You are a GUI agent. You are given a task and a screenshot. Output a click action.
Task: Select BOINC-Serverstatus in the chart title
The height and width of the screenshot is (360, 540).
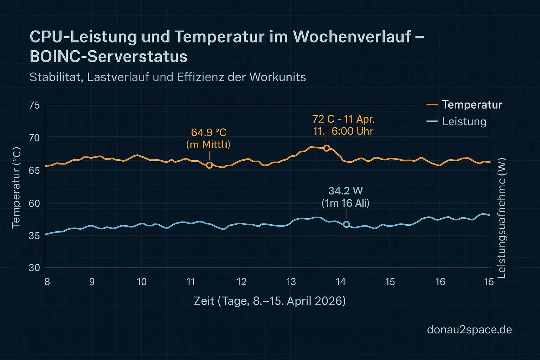tap(109, 57)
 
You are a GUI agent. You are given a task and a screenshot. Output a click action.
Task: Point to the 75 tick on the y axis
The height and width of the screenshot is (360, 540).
tap(35, 105)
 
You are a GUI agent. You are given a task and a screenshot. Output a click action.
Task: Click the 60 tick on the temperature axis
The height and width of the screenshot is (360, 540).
tap(35, 203)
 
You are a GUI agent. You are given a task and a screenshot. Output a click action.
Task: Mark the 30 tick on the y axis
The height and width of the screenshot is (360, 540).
tap(35, 268)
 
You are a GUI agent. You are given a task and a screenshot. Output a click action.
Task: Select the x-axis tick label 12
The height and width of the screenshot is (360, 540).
tap(242, 282)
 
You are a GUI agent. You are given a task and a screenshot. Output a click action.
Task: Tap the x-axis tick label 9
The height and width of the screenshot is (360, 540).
tap(92, 282)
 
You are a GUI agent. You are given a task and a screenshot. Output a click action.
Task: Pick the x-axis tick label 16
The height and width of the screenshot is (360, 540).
tap(440, 282)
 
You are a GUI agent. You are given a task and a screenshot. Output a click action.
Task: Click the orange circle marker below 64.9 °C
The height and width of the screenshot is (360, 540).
tap(209, 165)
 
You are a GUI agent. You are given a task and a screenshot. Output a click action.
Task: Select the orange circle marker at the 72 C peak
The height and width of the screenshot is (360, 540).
tap(327, 148)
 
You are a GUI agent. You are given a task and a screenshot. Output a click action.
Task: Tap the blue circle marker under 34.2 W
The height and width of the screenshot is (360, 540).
tap(346, 224)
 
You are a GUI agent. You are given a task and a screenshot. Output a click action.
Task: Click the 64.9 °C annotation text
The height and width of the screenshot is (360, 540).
tap(209, 133)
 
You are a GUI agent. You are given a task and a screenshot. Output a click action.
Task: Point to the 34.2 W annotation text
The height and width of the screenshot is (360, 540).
tap(346, 191)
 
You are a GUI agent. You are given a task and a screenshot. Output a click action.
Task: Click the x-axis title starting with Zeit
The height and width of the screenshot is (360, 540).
tap(270, 301)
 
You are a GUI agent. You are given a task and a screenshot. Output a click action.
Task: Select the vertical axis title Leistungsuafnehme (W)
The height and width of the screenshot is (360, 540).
tap(502, 218)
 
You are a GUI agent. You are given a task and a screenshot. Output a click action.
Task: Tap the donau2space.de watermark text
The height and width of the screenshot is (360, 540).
tap(469, 329)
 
